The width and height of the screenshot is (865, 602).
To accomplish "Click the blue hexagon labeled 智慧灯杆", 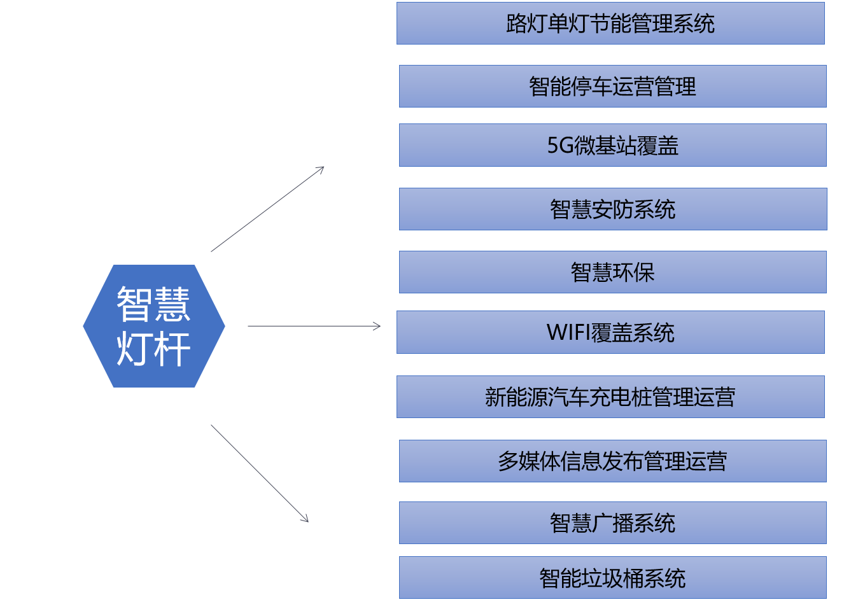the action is coord(154,326).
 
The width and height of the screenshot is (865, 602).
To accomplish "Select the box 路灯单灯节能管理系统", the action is coord(610,23).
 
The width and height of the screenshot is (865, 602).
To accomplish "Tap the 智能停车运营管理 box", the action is coord(613,86).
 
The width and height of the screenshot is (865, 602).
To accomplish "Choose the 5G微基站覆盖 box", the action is coord(613,145).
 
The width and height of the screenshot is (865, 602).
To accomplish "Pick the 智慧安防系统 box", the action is coord(613,209).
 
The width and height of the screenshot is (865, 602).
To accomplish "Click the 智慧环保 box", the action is coord(613,272).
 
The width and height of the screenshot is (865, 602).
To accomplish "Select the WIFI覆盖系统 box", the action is coord(610,332).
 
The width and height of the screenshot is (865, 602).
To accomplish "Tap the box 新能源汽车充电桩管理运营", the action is coord(610,396).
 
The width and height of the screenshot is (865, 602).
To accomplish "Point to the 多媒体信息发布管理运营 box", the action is coord(613,461).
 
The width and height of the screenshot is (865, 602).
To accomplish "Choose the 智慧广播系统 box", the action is coord(613,522).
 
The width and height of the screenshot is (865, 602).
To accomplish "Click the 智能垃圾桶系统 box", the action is coord(613,577).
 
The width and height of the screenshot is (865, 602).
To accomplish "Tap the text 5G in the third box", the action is coord(561,146).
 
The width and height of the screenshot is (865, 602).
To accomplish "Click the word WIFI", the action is coord(568,332).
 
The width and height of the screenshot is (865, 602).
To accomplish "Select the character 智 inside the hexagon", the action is coord(134,304).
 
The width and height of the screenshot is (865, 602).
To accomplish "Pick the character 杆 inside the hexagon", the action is coord(172,349).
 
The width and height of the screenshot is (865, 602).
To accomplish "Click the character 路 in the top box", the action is coord(516,24).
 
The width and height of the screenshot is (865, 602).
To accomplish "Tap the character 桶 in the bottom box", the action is coord(633,578).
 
